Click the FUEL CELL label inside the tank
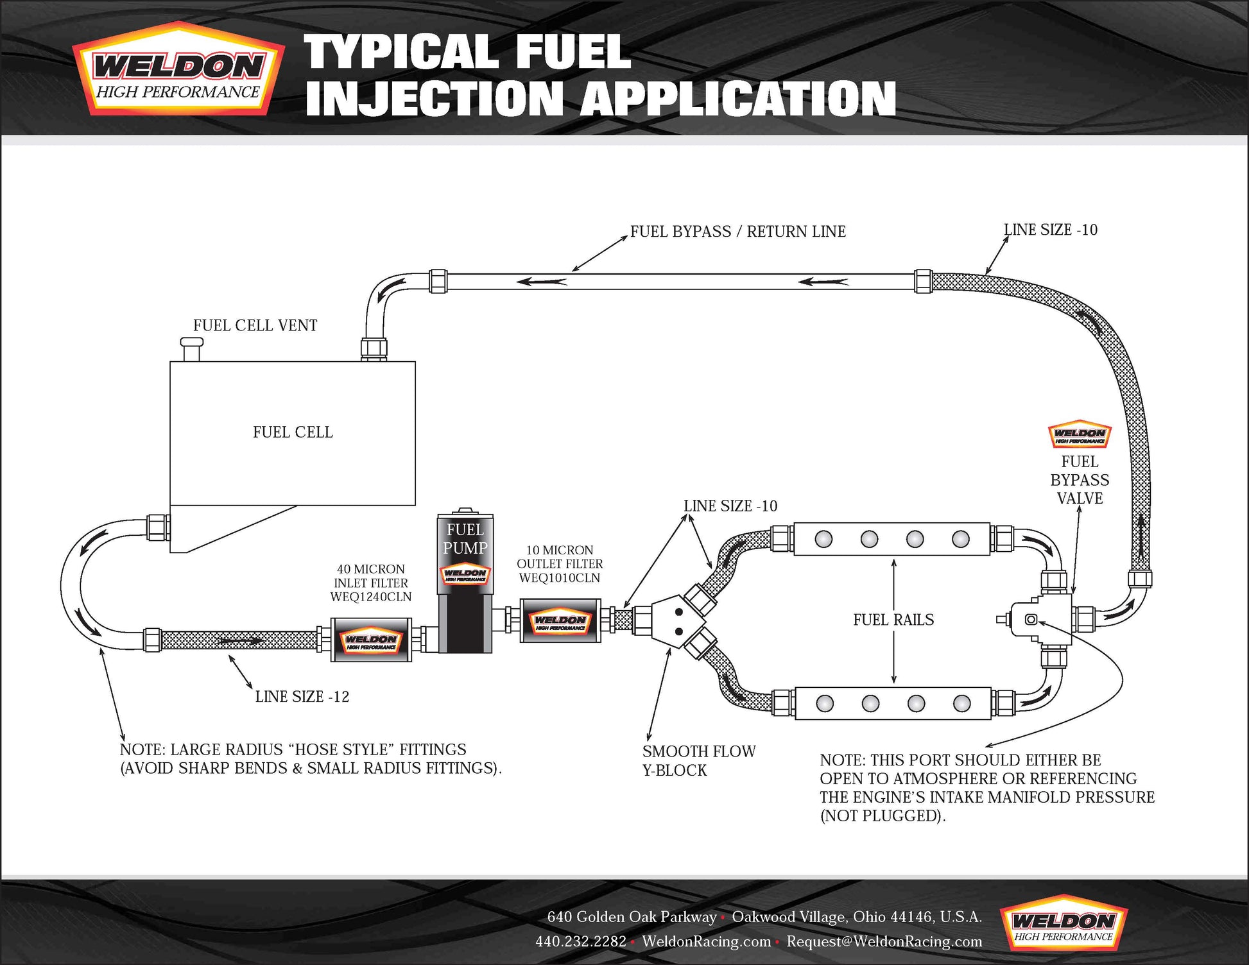[293, 432]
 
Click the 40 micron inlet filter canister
[371, 640]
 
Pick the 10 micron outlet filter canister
[560, 620]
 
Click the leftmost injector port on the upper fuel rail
[823, 539]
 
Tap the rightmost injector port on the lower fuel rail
[961, 704]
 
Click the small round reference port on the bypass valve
[1031, 619]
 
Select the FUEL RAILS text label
[893, 620]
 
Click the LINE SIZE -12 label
[302, 697]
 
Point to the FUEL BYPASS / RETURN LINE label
[737, 232]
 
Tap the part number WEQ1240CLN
[371, 597]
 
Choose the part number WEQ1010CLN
[560, 578]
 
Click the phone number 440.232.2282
[581, 941]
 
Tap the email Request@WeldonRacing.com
[884, 941]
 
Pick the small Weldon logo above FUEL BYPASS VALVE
[1080, 435]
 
